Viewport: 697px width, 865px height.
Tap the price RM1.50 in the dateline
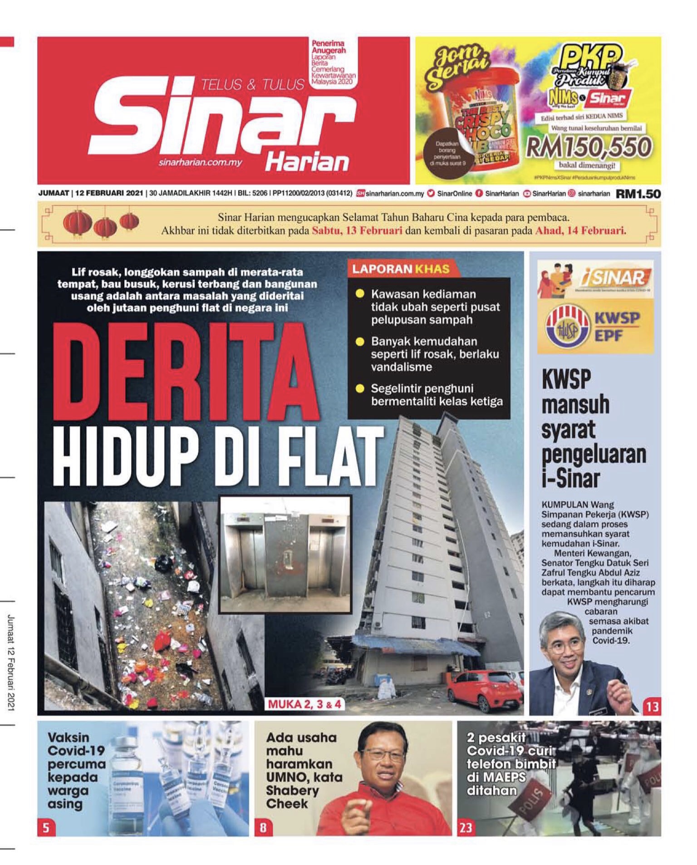638,194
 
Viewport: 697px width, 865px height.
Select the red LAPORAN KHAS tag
401,269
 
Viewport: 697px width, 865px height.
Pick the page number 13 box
652,707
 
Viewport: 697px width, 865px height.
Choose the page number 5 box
46,828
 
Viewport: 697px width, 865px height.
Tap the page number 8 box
263,828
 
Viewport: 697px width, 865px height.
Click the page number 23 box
466,828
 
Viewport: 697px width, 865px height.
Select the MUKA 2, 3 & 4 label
304,704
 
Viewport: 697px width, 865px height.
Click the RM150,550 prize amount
589,147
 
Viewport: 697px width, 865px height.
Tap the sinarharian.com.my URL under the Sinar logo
201,162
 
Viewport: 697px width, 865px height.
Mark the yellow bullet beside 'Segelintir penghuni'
360,388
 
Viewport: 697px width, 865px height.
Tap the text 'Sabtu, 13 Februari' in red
357,231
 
